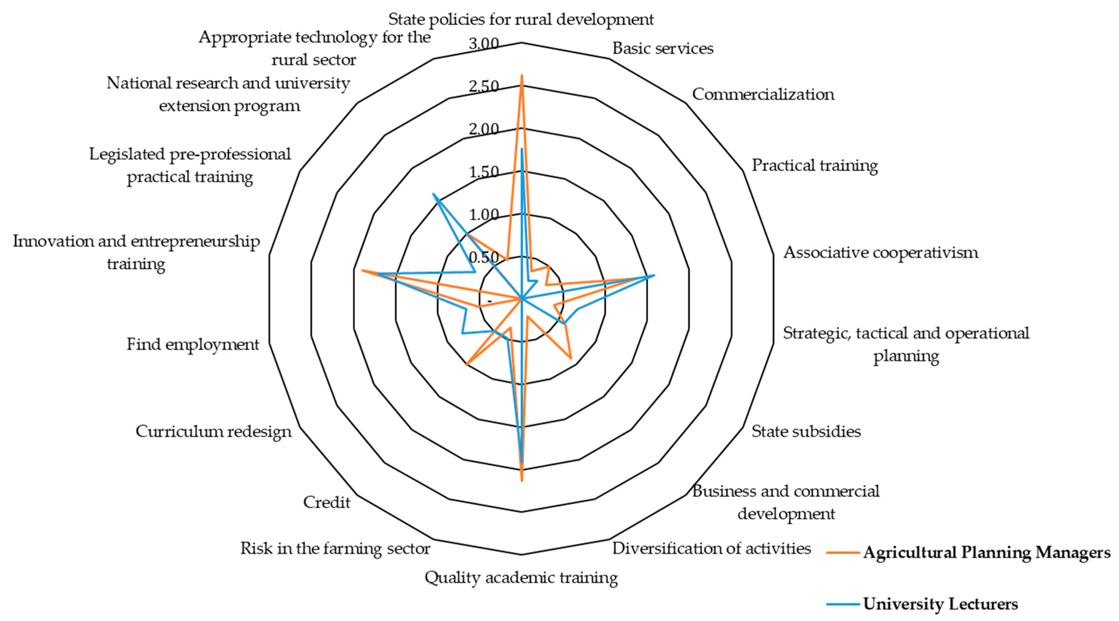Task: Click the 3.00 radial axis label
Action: point(483,44)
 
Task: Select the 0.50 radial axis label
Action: point(483,257)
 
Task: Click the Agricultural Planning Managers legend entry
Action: point(986,553)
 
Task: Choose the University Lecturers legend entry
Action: point(940,604)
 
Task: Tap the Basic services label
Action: point(662,48)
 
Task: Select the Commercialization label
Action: point(763,94)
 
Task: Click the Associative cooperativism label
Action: point(880,252)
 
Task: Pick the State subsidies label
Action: point(806,431)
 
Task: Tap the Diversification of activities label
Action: point(711,548)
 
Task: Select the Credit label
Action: point(326,502)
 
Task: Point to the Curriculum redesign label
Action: point(213,431)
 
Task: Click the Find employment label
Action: point(193,344)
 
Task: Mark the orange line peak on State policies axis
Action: point(522,76)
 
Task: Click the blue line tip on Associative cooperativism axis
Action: point(654,275)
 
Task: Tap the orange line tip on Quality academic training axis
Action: point(522,481)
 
